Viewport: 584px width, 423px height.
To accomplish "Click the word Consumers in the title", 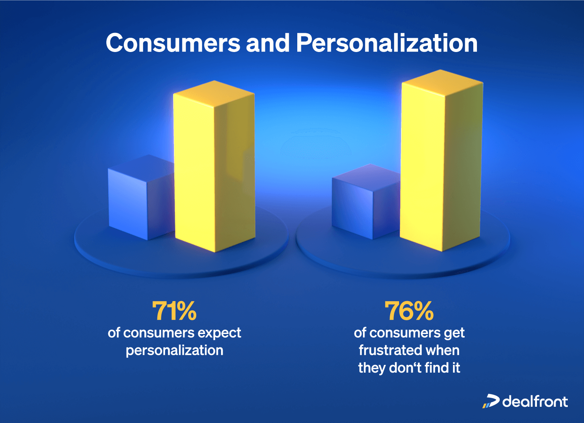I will pos(173,43).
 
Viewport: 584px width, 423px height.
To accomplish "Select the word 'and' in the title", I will pos(268,43).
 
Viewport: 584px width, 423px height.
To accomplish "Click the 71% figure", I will pos(174,311).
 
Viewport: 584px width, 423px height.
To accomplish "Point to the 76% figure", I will pos(409,311).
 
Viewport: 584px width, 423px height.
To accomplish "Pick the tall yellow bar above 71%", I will pos(214,171).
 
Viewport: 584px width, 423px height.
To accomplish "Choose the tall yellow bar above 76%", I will pos(441,163).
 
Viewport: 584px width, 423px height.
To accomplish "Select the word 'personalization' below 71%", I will pos(174,350).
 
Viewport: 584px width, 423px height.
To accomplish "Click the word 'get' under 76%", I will pos(454,333).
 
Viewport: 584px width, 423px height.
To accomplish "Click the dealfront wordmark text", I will pos(535,402).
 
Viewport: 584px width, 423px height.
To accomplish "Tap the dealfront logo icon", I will pos(491,401).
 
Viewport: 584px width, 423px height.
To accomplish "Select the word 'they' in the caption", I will pos(371,368).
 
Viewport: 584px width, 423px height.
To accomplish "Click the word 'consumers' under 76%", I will pos(405,333).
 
